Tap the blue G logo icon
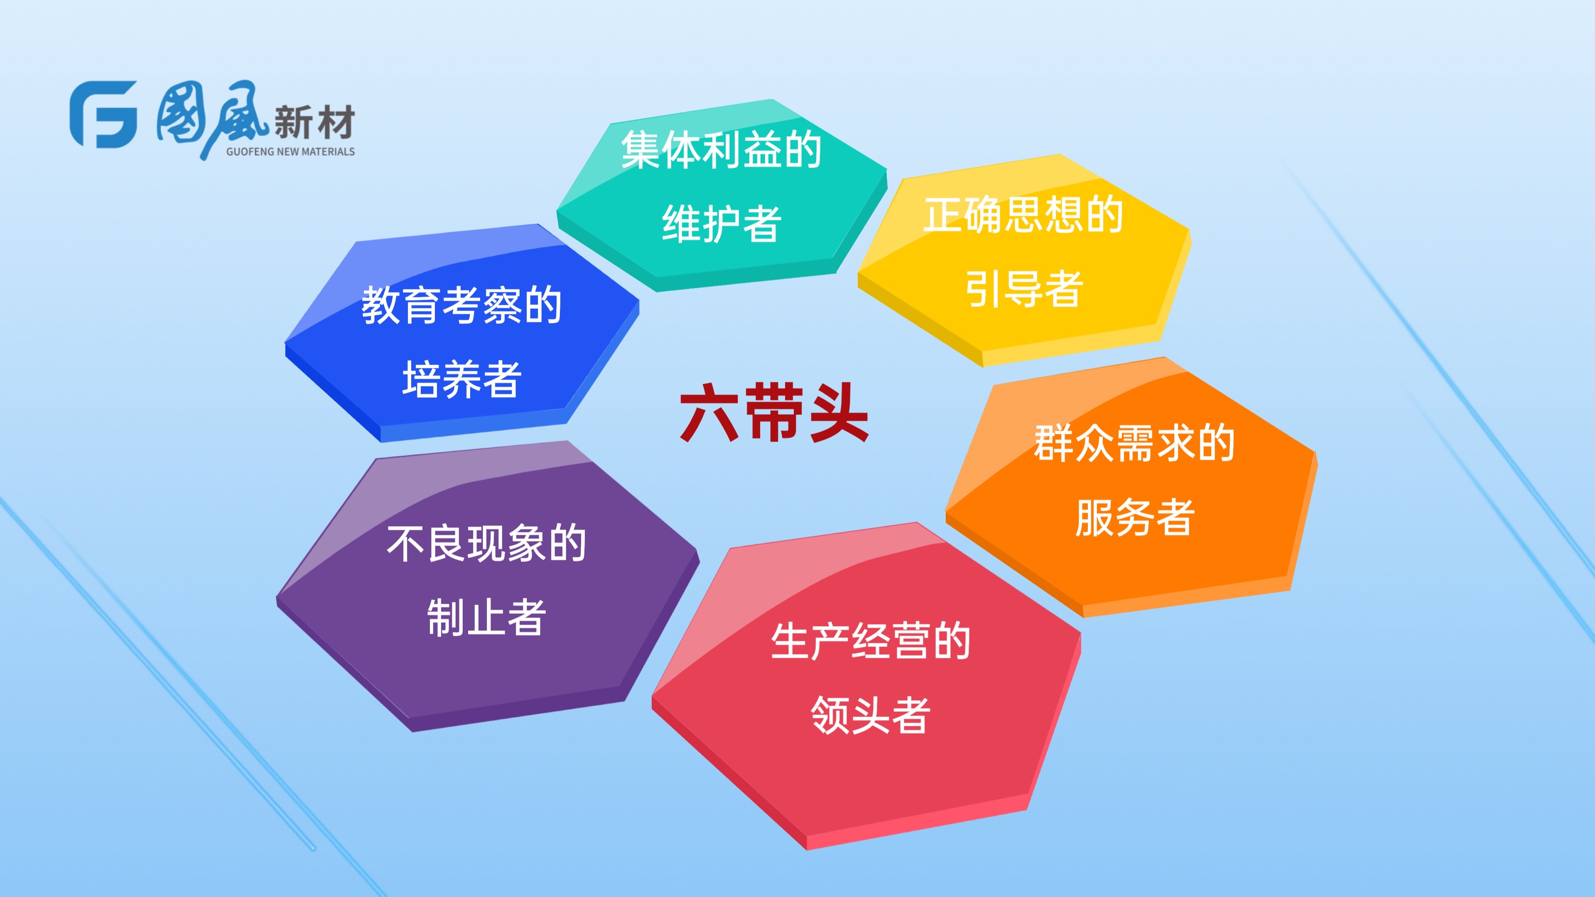(x=103, y=115)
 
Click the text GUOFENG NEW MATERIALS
(x=290, y=152)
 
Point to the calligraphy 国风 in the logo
(x=211, y=118)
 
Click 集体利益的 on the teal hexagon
(x=721, y=149)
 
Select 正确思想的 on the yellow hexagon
(x=1023, y=214)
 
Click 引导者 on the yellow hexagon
(x=1023, y=289)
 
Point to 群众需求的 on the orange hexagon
(x=1134, y=443)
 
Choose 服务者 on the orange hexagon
(x=1134, y=517)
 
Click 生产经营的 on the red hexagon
(x=871, y=641)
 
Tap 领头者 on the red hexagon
(x=871, y=715)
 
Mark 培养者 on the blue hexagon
(x=462, y=379)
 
